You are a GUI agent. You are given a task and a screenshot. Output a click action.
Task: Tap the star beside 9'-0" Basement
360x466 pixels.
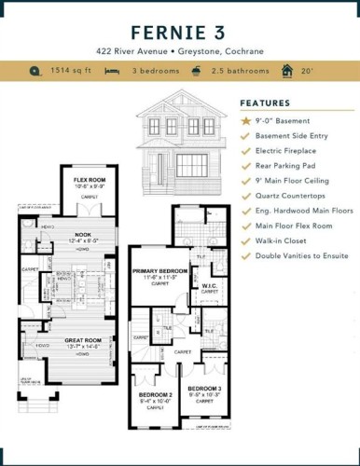click(245, 121)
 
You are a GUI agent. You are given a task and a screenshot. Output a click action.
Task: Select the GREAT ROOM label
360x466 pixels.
click(82, 341)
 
